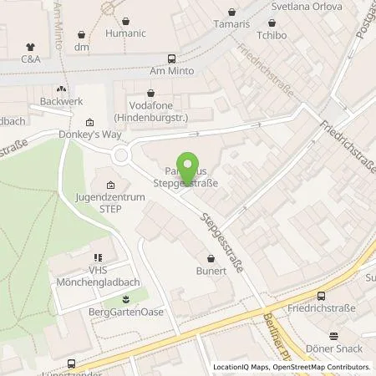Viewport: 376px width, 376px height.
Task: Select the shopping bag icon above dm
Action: [x=81, y=36]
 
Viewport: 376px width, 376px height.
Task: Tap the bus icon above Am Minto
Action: [x=172, y=58]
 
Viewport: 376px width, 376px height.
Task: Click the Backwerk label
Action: [x=57, y=102]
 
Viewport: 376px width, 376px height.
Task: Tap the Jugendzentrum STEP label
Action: [x=112, y=201]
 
